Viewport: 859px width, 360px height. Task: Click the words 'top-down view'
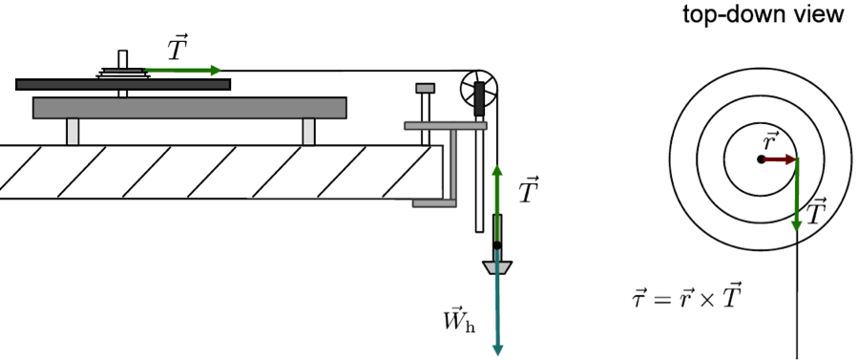(776, 14)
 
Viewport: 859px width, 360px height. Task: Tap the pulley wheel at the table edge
(478, 90)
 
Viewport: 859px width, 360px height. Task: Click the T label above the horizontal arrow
(178, 47)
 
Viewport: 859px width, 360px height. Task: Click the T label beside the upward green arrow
(529, 191)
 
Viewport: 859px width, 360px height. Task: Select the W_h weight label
(458, 320)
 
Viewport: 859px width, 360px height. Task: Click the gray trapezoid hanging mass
(497, 267)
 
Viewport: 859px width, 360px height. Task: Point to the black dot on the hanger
(497, 245)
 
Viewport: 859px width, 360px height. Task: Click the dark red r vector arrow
(779, 159)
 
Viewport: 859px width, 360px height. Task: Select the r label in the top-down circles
(771, 140)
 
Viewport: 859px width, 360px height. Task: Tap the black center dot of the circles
(761, 159)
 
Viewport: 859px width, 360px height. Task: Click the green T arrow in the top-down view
(797, 196)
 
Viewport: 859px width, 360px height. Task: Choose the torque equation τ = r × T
(685, 298)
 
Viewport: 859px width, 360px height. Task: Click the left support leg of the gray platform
(73, 132)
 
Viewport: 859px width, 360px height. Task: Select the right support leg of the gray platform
(308, 132)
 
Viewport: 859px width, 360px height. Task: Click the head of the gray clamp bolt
(425, 88)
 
